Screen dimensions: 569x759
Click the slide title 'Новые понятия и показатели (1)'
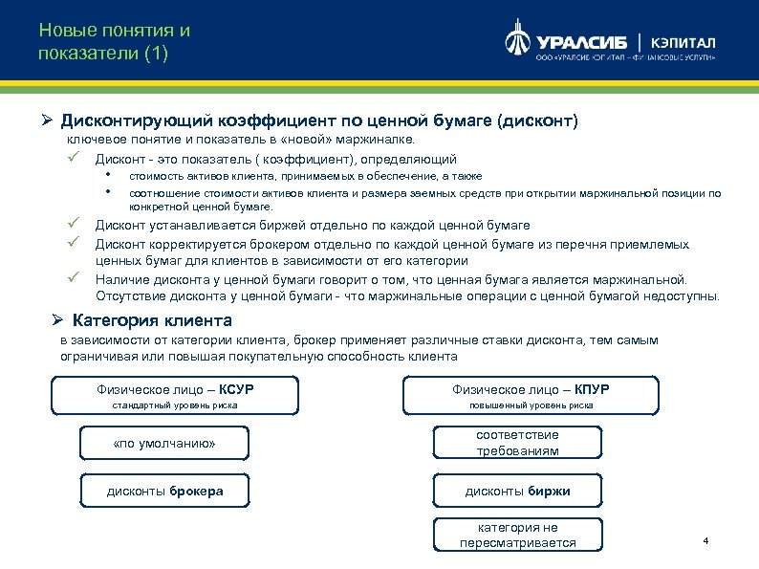tap(115, 41)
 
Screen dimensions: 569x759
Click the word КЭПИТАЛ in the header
tap(683, 43)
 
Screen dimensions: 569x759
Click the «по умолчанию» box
tap(164, 443)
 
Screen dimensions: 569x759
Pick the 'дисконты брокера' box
tap(164, 491)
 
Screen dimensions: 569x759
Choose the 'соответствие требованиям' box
tap(517, 443)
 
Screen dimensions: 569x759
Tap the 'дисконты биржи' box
tap(517, 491)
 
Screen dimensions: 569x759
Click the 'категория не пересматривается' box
tap(517, 535)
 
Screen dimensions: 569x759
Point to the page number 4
tap(705, 542)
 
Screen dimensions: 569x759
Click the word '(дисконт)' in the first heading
tap(539, 121)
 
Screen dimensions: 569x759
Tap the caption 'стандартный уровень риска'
tap(175, 405)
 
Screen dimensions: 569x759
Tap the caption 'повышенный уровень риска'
tap(531, 405)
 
